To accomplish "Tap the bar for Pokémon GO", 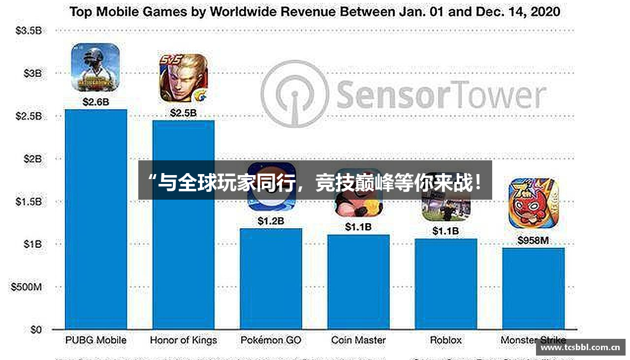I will click(x=271, y=278).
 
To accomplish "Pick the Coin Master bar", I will click(x=358, y=281).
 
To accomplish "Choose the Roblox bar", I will click(x=445, y=284).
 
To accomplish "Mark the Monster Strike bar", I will click(x=533, y=288).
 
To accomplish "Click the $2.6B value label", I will click(x=95, y=102).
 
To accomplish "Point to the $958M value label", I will click(x=533, y=240).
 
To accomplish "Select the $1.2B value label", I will click(x=271, y=221).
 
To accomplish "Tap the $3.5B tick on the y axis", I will click(x=29, y=31).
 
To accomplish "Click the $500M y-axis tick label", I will click(x=26, y=287).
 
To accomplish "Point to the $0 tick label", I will click(x=35, y=330).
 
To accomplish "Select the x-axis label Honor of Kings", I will click(x=183, y=340).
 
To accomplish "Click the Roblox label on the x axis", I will click(x=446, y=340).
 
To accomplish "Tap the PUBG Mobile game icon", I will click(x=95, y=67).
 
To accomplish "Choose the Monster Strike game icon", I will click(x=533, y=203).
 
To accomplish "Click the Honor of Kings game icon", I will click(x=183, y=78).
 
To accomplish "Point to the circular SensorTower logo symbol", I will click(x=294, y=94).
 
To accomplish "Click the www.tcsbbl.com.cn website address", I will click(x=580, y=347).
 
